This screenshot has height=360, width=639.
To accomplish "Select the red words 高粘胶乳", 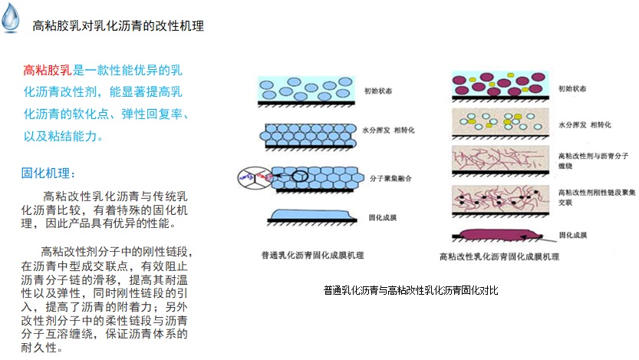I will [48, 71].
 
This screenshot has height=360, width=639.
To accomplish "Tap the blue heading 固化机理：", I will [48, 173].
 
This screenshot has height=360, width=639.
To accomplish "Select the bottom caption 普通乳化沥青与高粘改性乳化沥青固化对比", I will [411, 290].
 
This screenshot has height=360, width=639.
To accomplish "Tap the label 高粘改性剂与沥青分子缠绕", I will [586, 160].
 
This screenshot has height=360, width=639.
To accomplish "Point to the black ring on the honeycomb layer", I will [298, 175].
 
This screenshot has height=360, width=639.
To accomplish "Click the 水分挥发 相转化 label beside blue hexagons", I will [388, 132].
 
